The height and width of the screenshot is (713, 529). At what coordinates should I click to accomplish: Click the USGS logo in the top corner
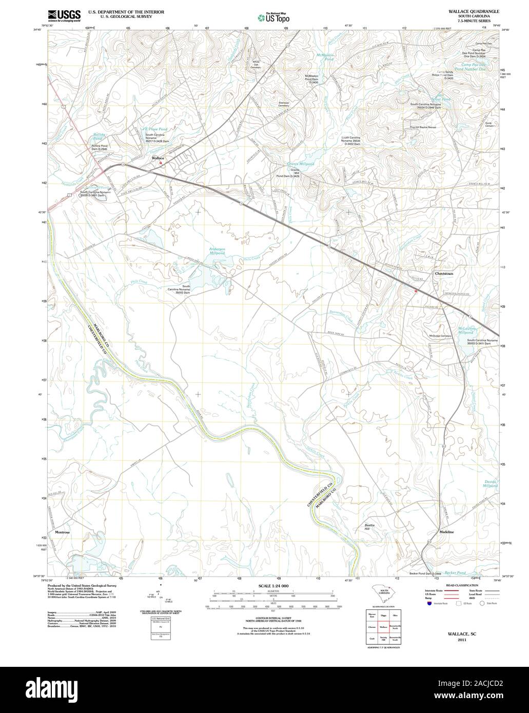[65, 16]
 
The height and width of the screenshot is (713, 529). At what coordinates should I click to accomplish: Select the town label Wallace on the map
[158, 158]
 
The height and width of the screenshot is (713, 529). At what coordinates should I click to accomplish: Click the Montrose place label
[62, 532]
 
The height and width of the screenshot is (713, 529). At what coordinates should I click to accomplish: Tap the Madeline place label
[446, 532]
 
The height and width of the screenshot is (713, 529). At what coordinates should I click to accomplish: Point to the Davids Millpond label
[491, 483]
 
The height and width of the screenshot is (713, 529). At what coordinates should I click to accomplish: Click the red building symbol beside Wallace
[161, 163]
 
